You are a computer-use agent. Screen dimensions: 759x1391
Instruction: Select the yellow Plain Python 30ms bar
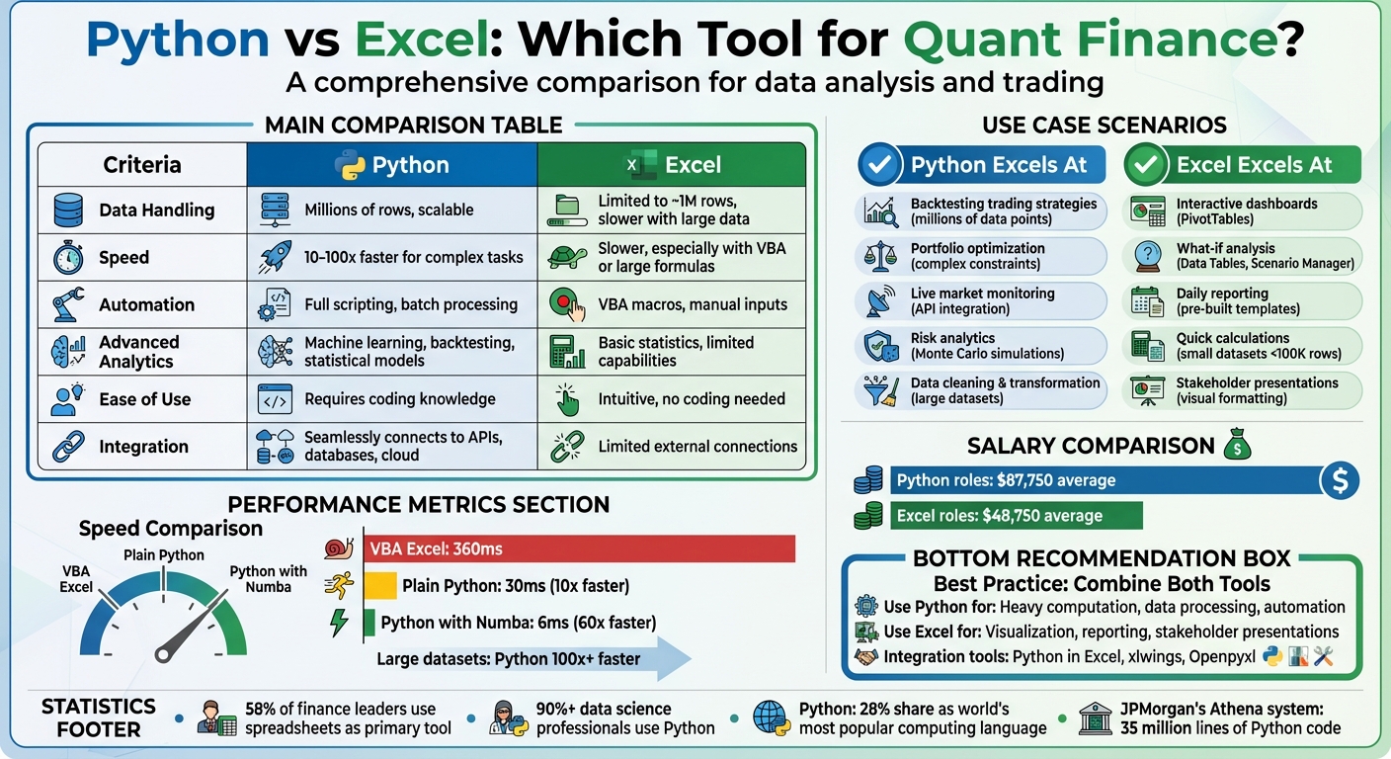point(380,585)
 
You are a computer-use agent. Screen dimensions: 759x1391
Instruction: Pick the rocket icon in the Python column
point(275,257)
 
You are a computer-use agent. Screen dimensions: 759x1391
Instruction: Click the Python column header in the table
point(391,165)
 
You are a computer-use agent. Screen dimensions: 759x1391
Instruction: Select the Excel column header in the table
point(672,165)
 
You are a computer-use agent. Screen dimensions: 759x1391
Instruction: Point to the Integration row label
point(143,447)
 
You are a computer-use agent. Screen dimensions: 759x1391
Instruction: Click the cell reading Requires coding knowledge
point(399,399)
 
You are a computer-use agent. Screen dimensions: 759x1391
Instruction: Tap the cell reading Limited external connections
point(697,447)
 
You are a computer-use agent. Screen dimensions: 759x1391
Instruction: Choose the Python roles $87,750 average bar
point(1106,481)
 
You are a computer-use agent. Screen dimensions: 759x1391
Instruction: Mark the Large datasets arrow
point(533,659)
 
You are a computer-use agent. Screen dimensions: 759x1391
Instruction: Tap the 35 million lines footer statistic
point(1230,718)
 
